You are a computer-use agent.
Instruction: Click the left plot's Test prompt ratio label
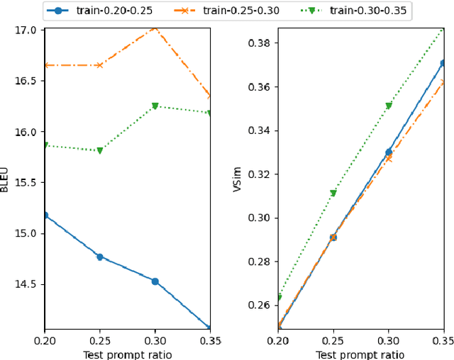(x=128, y=354)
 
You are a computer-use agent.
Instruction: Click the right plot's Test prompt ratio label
(x=360, y=354)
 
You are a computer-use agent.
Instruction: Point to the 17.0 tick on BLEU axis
(x=27, y=30)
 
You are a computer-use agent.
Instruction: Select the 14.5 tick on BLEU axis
(x=27, y=284)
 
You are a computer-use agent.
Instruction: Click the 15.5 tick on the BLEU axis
(x=27, y=183)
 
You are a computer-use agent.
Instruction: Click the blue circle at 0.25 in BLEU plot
(x=100, y=257)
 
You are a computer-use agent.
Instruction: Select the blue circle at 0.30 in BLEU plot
(x=155, y=281)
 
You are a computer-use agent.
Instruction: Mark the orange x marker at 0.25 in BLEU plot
(x=100, y=65)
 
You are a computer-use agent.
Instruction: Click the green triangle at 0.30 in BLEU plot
(x=155, y=106)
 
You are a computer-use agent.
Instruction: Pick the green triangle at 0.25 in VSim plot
(x=333, y=193)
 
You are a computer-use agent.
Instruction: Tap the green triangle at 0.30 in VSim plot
(x=388, y=106)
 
